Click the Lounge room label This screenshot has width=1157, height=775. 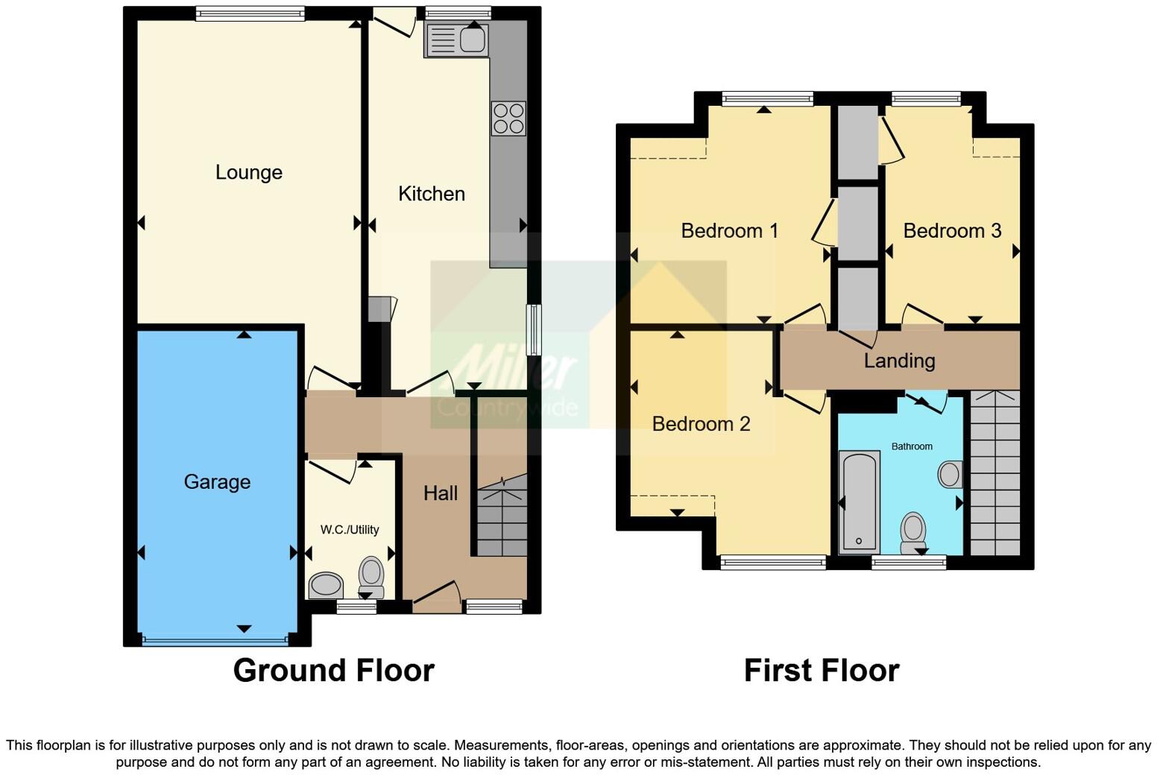(x=248, y=172)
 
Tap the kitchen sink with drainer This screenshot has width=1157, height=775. (x=456, y=39)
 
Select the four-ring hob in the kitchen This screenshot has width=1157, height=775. (x=508, y=118)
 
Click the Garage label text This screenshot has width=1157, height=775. (x=217, y=481)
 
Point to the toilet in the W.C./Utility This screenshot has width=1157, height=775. (x=371, y=577)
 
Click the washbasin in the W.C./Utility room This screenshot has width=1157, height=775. (x=326, y=585)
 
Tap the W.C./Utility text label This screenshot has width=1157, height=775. (x=350, y=530)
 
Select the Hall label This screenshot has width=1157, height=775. (x=441, y=493)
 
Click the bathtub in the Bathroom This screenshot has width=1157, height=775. (x=859, y=502)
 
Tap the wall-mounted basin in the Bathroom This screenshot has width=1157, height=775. (x=950, y=474)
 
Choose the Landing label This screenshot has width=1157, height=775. (x=899, y=361)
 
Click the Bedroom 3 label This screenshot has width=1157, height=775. (x=952, y=230)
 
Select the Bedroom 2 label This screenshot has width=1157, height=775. (x=701, y=423)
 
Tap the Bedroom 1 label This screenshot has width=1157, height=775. (x=729, y=230)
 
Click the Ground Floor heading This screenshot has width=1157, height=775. (x=333, y=670)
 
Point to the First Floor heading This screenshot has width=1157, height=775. (x=822, y=670)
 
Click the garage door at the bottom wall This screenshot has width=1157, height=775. (x=215, y=639)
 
